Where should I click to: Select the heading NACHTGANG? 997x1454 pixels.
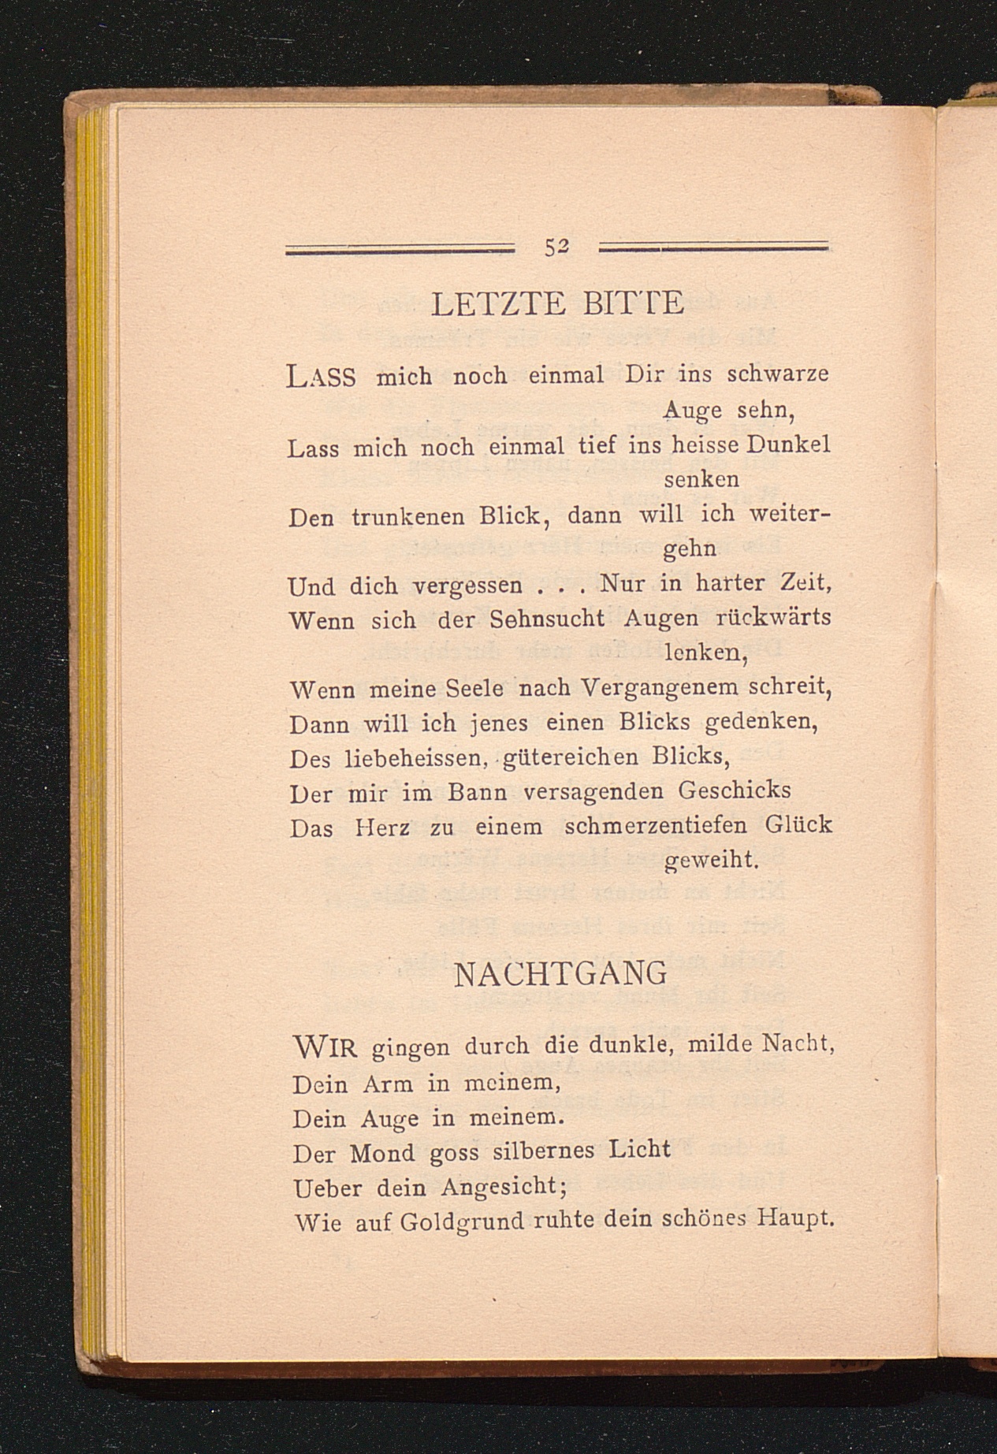[x=560, y=975]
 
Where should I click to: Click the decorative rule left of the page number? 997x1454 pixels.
[x=399, y=249]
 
